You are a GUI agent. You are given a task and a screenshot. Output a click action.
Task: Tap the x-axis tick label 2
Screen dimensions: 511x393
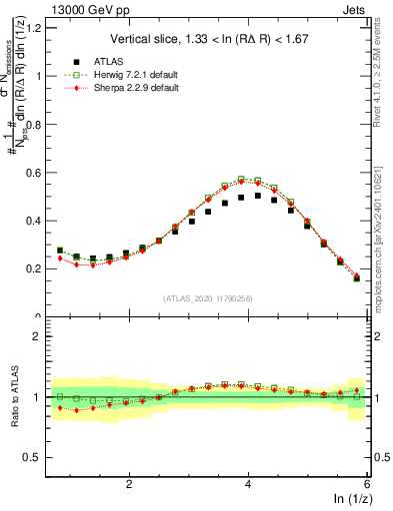tap(129, 484)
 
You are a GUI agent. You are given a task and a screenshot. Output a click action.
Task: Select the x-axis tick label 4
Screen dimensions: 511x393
tap(248, 484)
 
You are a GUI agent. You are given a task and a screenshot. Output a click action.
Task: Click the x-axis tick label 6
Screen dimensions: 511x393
tap(367, 484)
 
